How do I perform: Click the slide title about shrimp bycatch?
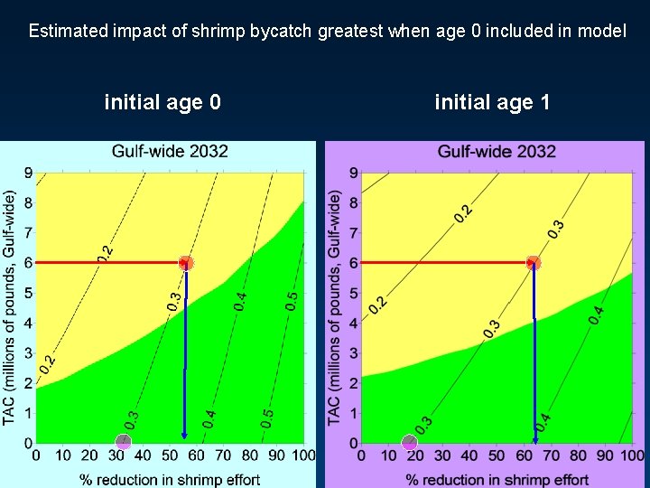[327, 31]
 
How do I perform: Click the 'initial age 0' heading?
[162, 102]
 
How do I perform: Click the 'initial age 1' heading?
[492, 102]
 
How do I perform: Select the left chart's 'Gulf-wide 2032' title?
[170, 151]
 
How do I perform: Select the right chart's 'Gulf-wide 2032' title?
[497, 151]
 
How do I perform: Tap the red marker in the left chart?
[186, 263]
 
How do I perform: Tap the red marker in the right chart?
[534, 263]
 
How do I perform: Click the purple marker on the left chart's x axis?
[124, 442]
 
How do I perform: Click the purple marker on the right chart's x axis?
[410, 442]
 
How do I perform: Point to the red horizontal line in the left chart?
[108, 263]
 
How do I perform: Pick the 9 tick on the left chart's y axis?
[28, 173]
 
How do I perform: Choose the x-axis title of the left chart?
[170, 479]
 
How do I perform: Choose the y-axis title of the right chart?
[336, 307]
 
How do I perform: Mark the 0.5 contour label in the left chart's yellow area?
[291, 301]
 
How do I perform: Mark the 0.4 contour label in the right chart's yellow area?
[596, 315]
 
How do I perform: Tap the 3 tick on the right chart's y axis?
[354, 352]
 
